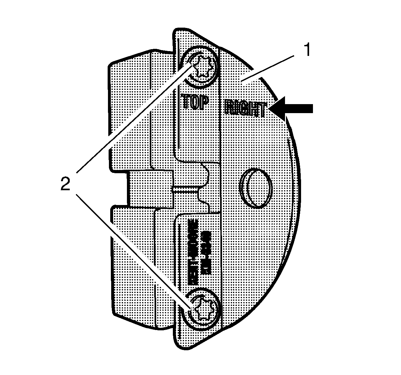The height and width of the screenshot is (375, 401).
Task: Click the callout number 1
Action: (307, 50)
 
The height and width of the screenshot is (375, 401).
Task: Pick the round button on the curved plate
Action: (256, 188)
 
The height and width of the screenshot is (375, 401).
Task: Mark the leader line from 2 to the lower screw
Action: (135, 251)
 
